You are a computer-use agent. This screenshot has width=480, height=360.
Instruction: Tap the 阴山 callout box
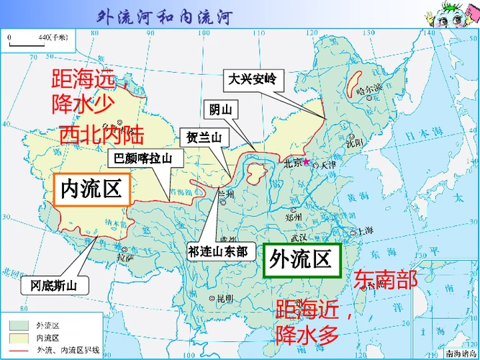(220, 109)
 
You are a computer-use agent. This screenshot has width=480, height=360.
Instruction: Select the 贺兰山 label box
(204, 137)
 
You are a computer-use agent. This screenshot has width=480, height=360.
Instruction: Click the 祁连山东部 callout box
(217, 251)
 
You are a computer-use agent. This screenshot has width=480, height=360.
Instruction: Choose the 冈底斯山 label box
(54, 286)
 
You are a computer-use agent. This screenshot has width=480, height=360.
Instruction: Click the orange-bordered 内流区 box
(90, 189)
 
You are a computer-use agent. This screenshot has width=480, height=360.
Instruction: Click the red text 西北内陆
(101, 135)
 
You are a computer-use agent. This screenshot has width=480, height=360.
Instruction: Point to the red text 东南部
(385, 280)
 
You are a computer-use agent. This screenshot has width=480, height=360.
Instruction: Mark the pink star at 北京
(306, 161)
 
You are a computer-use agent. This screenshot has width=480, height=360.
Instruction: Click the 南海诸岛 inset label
(458, 352)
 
